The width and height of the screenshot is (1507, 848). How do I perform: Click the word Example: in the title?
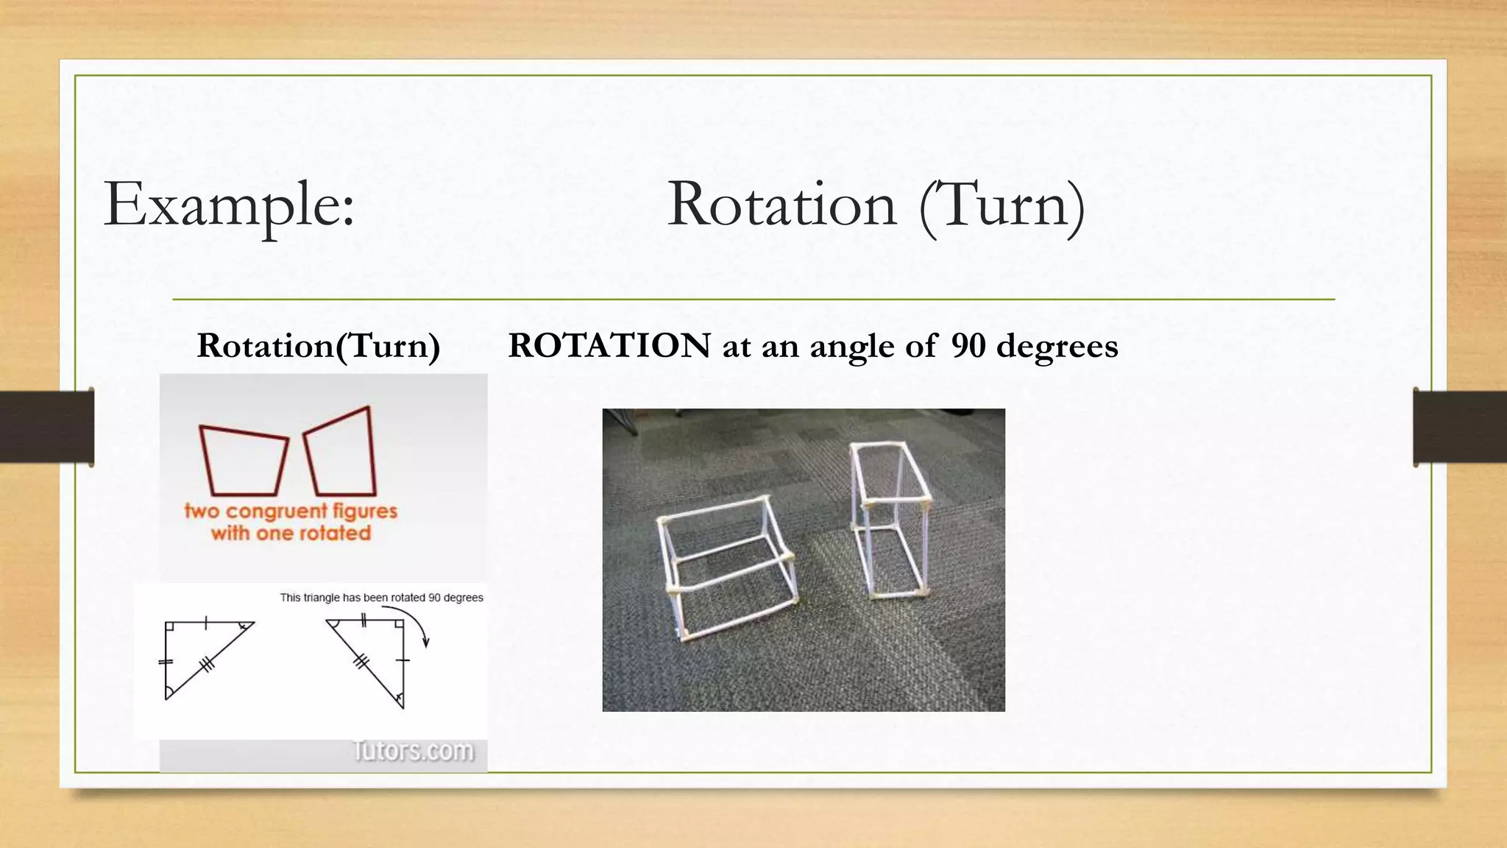pos(229,205)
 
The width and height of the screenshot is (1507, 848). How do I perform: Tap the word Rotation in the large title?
pos(781,205)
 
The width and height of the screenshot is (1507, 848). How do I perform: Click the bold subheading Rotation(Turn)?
pos(318,346)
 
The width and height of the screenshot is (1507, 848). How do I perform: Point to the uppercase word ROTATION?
pos(609,346)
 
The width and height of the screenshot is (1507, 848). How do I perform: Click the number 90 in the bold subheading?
pos(968,346)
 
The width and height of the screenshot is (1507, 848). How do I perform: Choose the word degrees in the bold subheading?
pos(1057,346)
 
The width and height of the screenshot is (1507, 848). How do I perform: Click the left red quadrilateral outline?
pos(243,461)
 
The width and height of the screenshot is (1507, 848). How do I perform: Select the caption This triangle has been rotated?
pos(381,598)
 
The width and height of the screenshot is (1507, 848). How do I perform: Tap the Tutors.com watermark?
pos(414,751)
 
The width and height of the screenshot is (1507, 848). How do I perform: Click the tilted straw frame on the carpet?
pos(725,567)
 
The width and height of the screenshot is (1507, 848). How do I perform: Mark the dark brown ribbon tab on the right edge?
pos(1460,427)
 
